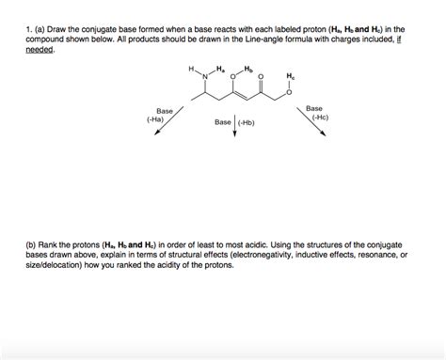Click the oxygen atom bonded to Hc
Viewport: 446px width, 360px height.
[x=292, y=92]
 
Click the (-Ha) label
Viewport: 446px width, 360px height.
[x=156, y=120]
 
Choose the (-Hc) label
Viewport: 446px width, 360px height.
[x=316, y=118]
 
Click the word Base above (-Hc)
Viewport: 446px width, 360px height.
[x=315, y=108]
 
